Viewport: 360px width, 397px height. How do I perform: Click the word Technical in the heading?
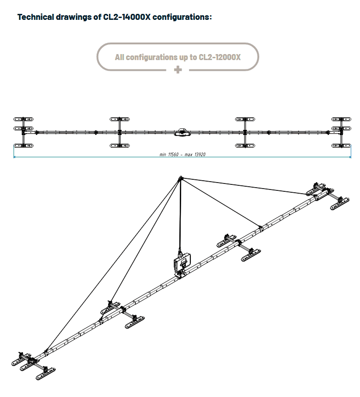point(36,17)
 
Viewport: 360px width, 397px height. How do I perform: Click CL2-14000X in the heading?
point(127,17)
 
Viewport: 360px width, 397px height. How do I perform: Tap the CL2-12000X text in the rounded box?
point(220,57)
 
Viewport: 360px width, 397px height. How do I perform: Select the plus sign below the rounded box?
point(178,70)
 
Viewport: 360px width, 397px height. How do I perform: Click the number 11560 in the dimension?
point(173,154)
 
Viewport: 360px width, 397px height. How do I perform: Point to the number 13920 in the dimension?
point(200,154)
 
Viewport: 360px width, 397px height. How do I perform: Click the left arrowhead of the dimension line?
point(14,157)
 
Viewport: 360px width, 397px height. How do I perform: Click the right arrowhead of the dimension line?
point(350,157)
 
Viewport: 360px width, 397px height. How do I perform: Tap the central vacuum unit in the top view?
point(182,132)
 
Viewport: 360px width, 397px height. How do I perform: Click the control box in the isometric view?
point(182,263)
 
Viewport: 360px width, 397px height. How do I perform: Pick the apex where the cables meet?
point(181,178)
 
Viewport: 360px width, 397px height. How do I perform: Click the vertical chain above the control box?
point(180,215)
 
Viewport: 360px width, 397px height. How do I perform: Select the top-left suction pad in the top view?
point(23,119)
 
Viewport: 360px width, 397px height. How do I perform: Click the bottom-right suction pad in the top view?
point(341,146)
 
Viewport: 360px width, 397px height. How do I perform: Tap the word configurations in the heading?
point(181,17)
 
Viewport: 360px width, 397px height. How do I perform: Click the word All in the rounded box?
point(120,57)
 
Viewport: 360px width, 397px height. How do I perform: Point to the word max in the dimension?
point(189,155)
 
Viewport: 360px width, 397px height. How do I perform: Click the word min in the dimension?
point(163,155)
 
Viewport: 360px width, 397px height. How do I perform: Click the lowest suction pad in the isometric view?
point(46,374)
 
